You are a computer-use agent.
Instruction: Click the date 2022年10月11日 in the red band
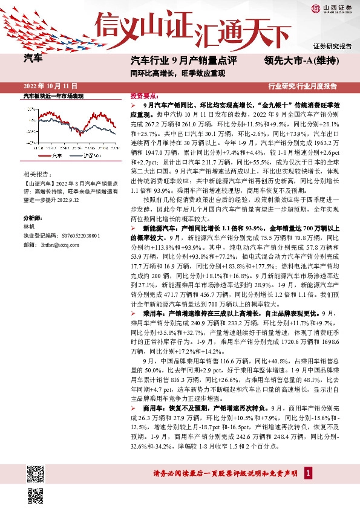pyautogui.click(x=50, y=86)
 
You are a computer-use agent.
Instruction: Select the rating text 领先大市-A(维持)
pyautogui.click(x=301, y=60)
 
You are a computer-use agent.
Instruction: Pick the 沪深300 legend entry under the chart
pyautogui.click(x=91, y=156)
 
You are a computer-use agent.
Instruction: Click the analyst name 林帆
pyautogui.click(x=30, y=225)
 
